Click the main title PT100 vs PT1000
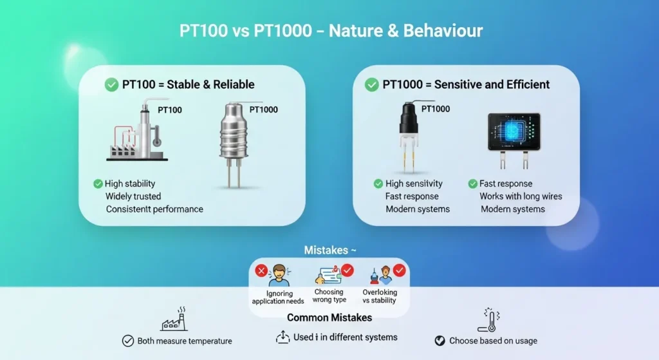pos(329,31)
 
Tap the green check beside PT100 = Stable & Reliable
pos(111,84)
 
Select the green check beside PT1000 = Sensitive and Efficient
pos(371,84)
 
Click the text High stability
pos(130,184)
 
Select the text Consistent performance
pos(154,209)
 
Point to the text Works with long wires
pos(521,196)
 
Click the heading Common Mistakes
pos(329,317)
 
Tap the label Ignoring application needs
pos(277,297)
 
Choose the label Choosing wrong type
pos(329,296)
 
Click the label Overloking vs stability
pos(380,296)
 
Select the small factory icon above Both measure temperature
pos(174,319)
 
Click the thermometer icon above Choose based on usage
pos(488,319)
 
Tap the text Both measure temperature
pos(185,341)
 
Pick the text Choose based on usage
pos(493,341)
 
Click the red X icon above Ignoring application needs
pos(261,270)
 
